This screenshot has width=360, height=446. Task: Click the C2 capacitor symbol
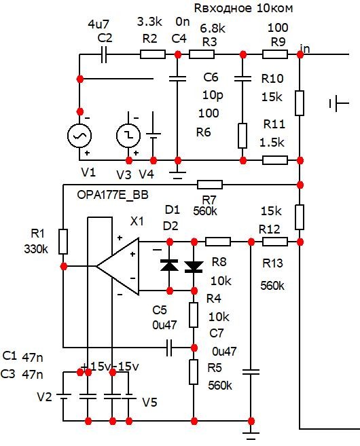(x=104, y=54)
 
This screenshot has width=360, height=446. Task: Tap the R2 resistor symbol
(x=153, y=54)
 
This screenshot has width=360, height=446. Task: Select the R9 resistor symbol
(x=275, y=54)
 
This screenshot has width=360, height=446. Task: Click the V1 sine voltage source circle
(x=79, y=136)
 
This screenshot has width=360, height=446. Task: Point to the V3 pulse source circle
(x=128, y=136)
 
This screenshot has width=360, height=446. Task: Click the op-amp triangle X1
(x=118, y=267)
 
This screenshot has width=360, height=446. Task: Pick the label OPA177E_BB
(x=113, y=195)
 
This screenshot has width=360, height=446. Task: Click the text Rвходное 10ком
(x=243, y=8)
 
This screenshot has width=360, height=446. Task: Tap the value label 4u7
(x=98, y=24)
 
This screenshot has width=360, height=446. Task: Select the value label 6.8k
(x=213, y=28)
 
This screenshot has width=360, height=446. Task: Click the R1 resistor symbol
(x=63, y=242)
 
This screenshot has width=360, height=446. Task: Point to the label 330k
(x=36, y=249)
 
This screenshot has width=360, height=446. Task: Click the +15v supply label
(x=95, y=367)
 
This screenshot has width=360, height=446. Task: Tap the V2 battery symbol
(x=63, y=396)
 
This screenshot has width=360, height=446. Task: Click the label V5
(x=149, y=402)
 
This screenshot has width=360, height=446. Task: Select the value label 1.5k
(x=272, y=143)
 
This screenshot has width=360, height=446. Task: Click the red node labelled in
(x=300, y=54)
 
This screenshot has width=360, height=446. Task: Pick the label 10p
(x=213, y=95)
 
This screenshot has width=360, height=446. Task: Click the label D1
(x=173, y=210)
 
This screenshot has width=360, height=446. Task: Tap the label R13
(x=272, y=263)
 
